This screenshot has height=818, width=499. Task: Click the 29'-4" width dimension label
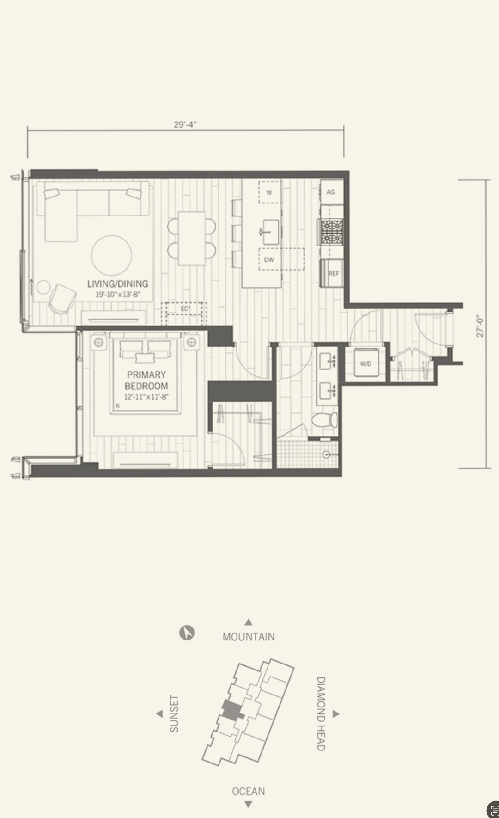click(185, 124)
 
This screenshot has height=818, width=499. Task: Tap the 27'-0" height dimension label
click(480, 326)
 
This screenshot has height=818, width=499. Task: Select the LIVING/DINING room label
click(118, 284)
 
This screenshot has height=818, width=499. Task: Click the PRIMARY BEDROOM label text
click(146, 380)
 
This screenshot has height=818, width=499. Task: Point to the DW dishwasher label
click(269, 260)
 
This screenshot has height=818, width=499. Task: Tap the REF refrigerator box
click(332, 273)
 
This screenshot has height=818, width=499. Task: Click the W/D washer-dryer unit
click(365, 363)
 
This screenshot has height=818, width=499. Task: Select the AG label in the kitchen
click(330, 192)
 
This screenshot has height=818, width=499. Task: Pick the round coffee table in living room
click(111, 255)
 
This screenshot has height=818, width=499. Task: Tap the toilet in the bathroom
click(324, 420)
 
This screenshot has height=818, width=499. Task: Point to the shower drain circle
click(326, 455)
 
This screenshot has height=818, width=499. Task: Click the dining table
click(192, 238)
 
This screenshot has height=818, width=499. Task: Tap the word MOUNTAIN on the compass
click(249, 637)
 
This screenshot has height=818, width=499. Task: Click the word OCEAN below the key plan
click(249, 791)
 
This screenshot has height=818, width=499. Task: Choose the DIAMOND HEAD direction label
click(321, 714)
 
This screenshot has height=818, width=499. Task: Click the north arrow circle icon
click(187, 633)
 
